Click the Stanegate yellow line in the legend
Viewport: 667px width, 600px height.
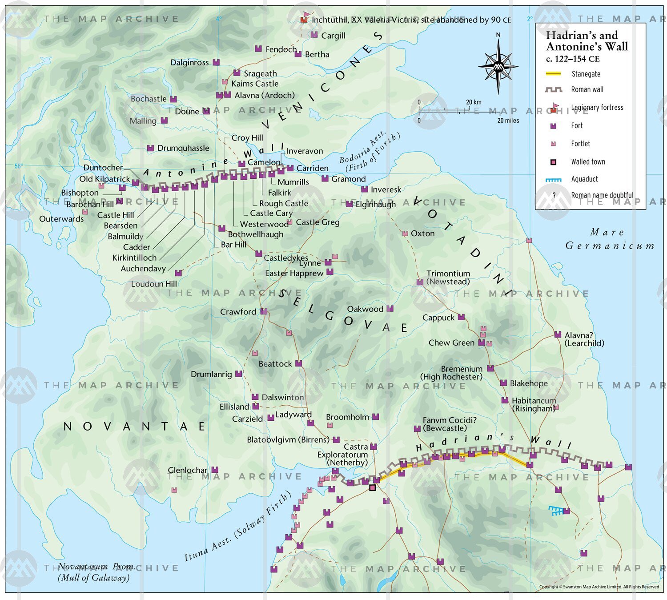pos(553,74)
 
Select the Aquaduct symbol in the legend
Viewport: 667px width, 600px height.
pos(553,180)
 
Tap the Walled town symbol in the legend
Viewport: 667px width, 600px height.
pos(553,162)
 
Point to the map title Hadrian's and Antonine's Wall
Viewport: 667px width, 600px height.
pos(587,41)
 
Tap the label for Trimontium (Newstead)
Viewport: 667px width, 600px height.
pos(448,278)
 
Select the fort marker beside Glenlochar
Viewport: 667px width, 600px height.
pos(215,470)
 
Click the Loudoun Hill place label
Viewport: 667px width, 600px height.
pos(154,284)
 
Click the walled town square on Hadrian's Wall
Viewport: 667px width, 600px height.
pos(373,487)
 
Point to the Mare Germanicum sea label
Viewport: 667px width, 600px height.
pos(609,239)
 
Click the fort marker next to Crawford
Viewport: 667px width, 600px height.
pos(264,311)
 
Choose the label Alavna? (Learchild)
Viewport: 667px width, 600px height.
pos(584,339)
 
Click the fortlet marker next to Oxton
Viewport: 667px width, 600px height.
pos(405,234)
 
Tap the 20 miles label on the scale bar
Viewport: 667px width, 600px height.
pos(508,121)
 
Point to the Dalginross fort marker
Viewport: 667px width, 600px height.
pos(216,63)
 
